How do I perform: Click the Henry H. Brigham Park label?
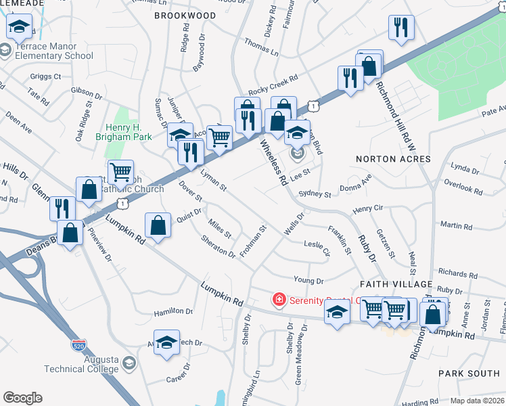pyautogui.click(x=133, y=133)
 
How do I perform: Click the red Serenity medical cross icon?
pyautogui.click(x=277, y=299)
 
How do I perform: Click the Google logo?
pyautogui.click(x=22, y=398)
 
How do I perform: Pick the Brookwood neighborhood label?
pyautogui.click(x=185, y=15)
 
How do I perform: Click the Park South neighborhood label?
pyautogui.click(x=468, y=374)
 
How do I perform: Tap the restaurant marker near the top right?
pyautogui.click(x=401, y=28)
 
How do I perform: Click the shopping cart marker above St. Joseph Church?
pyautogui.click(x=120, y=172)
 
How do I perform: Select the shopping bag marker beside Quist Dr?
pyautogui.click(x=158, y=225)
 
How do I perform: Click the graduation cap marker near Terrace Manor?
pyautogui.click(x=20, y=27)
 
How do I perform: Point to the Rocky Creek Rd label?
pyautogui.click(x=273, y=85)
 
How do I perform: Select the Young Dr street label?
pyautogui.click(x=308, y=279)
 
